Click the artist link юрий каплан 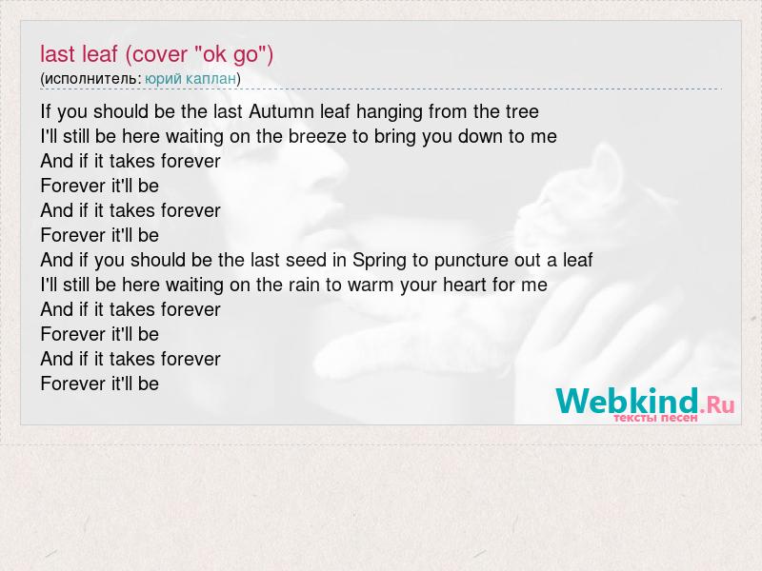click(x=190, y=79)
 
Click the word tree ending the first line click(x=522, y=111)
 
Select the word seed click(x=306, y=260)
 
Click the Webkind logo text click(x=627, y=401)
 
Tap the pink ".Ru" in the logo click(x=717, y=404)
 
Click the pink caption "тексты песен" click(x=655, y=418)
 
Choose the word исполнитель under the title click(x=90, y=79)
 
